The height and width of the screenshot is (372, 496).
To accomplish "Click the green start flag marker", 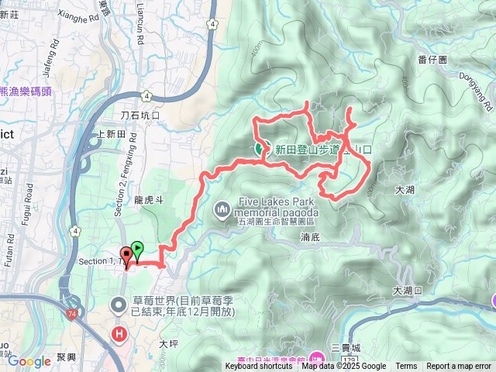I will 137,249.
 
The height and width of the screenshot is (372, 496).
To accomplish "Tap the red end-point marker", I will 126,254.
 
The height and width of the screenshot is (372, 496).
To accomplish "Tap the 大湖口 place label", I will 408,291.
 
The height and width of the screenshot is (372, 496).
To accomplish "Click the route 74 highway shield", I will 72,291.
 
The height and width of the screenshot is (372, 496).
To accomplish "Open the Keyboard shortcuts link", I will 259,367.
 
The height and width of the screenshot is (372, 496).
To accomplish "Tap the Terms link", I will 406,367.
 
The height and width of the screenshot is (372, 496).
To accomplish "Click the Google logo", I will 29,360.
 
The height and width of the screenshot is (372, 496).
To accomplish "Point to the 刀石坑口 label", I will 139,115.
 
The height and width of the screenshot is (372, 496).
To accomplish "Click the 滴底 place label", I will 310,241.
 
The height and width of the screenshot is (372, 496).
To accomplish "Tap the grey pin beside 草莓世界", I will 119,305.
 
